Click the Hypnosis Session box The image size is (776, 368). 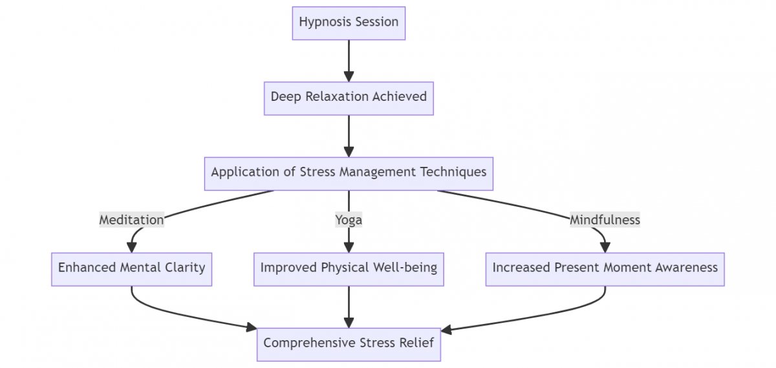349,23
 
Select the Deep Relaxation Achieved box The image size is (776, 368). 349,98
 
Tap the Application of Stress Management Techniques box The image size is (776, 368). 349,173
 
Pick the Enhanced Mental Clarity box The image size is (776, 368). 131,268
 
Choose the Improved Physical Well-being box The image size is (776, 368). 349,268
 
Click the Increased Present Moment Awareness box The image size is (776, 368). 605,268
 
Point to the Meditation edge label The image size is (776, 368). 131,220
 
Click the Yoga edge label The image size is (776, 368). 349,220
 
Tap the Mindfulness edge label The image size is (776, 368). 605,220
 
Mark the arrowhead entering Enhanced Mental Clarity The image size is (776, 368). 132,247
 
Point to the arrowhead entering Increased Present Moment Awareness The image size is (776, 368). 605,247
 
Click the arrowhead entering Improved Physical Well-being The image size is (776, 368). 349,247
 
